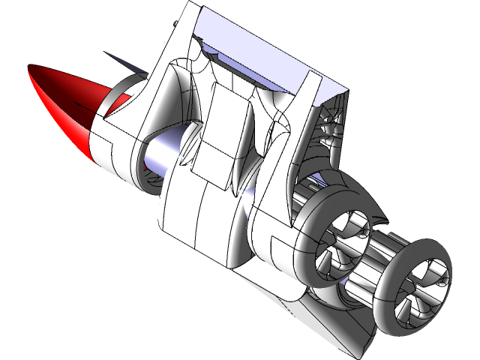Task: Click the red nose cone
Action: [x=64, y=105]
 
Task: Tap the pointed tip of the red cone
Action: [x=31, y=70]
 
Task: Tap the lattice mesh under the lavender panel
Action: [x=330, y=131]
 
